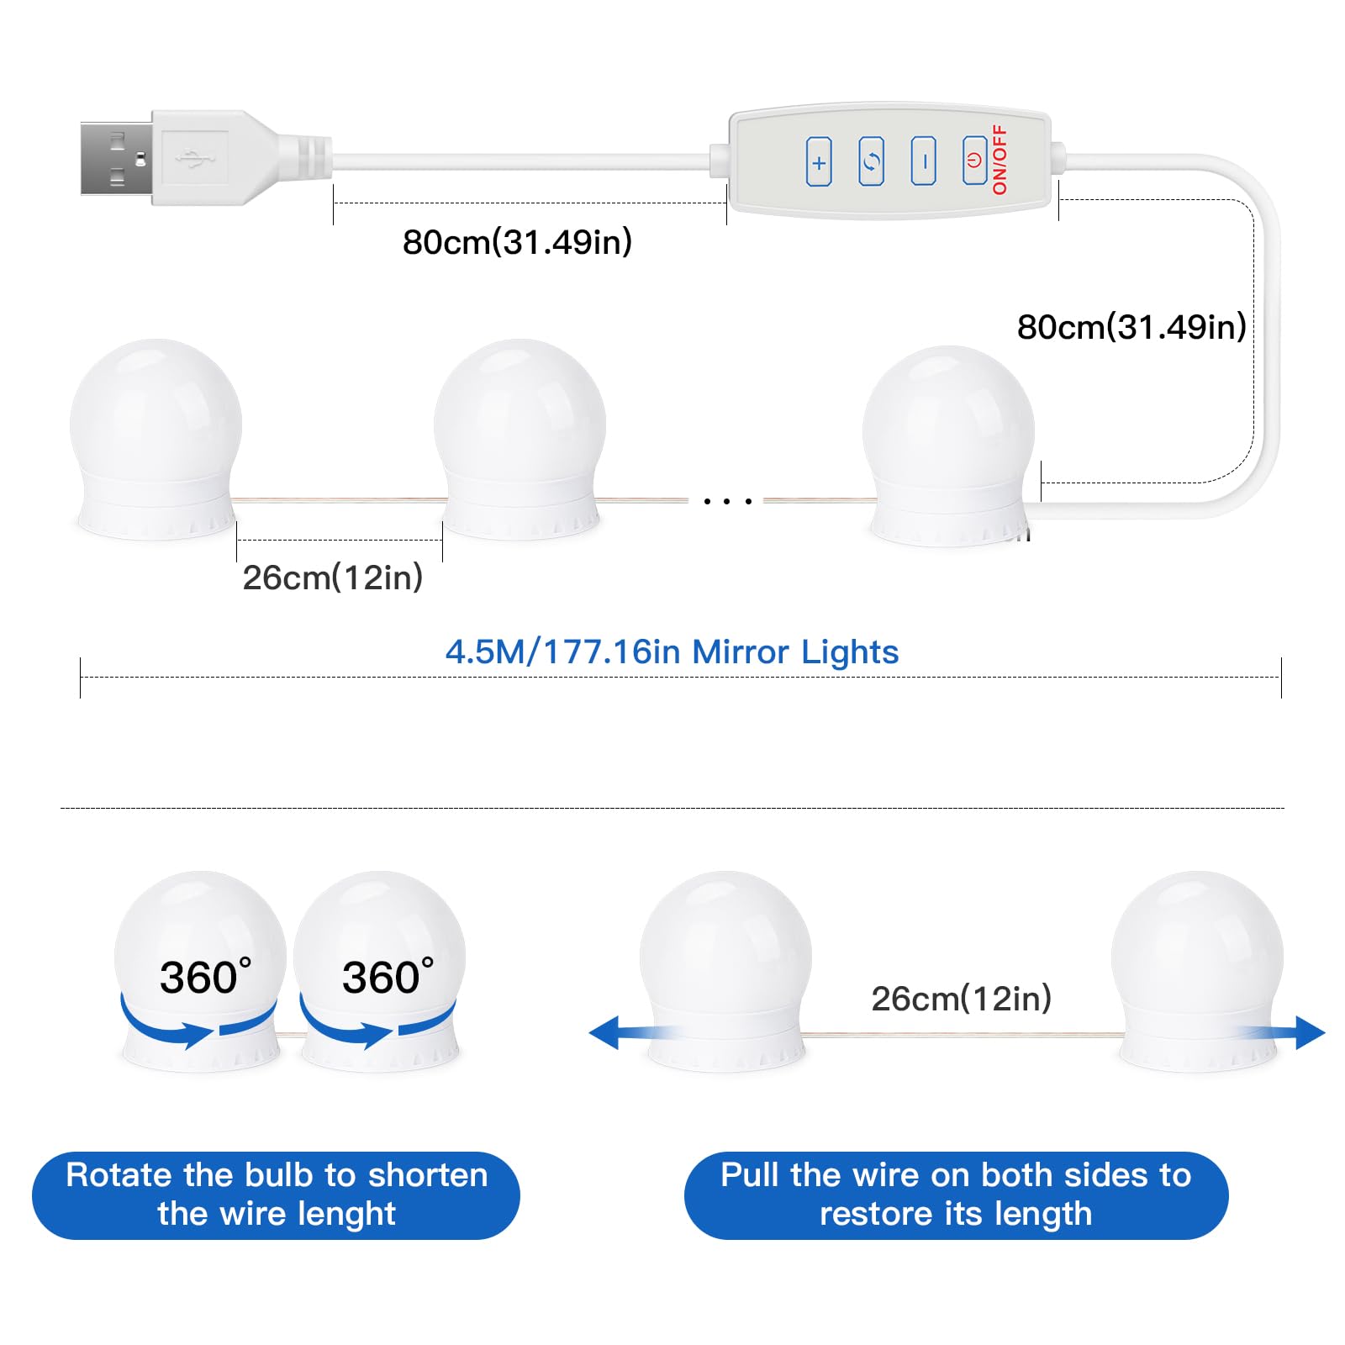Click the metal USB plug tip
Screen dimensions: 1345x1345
point(116,159)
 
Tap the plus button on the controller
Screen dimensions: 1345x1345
point(819,161)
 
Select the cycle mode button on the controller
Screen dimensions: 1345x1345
point(871,161)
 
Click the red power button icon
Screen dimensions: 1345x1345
point(974,160)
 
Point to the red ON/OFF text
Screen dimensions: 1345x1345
point(1000,160)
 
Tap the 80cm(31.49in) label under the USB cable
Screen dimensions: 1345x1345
point(517,242)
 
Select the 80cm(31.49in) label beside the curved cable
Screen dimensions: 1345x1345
point(1131,327)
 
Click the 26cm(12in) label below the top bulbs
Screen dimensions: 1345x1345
point(333,578)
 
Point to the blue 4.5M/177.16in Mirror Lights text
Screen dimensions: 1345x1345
point(672,652)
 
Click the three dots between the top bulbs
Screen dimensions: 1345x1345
point(727,501)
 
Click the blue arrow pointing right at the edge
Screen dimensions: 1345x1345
point(1282,1032)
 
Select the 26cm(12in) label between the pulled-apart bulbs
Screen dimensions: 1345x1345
point(962,999)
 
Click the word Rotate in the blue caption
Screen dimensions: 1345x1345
point(120,1175)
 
